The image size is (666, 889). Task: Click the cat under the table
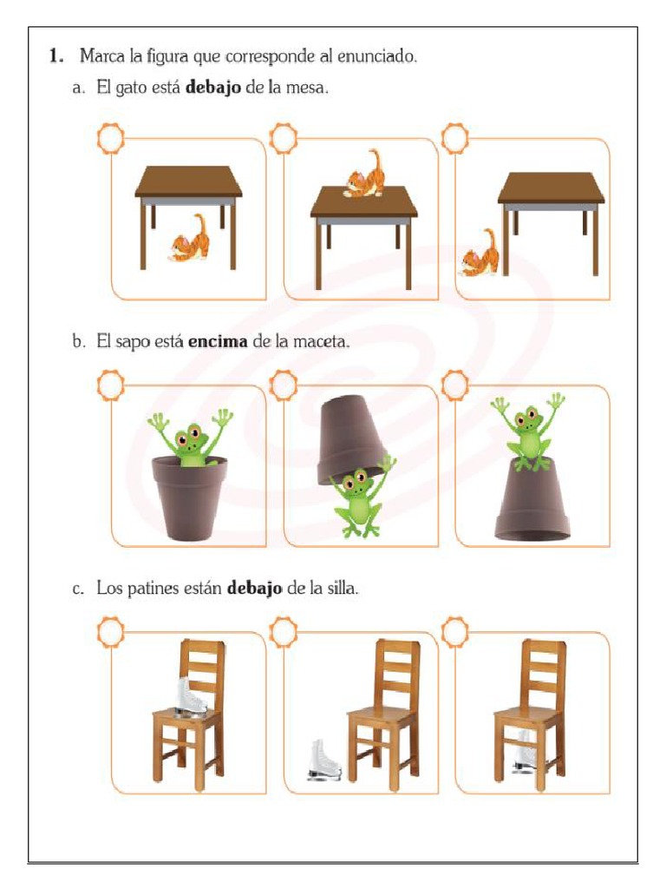190,240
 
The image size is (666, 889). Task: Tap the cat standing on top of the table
364,175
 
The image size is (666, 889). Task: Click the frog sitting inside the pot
191,438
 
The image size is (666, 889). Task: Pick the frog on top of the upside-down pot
528,431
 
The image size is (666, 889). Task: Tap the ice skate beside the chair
324,761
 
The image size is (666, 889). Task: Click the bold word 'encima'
218,341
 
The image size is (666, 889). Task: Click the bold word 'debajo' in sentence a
213,88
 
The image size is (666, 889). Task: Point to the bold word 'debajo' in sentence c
254,588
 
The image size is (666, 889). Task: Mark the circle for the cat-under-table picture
110,138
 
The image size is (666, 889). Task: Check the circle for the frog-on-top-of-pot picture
454,385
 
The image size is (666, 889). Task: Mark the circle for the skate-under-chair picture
454,632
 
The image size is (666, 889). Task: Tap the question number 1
55,56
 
